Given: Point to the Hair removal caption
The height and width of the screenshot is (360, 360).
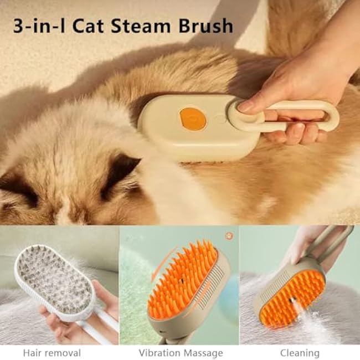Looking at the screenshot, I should [x=52, y=352].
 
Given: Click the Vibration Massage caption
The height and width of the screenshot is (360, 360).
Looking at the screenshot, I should [x=181, y=352].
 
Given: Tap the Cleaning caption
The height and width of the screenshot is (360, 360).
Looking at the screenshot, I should [x=300, y=352].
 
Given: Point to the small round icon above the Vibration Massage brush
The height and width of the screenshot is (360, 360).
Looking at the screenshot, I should [x=229, y=235].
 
